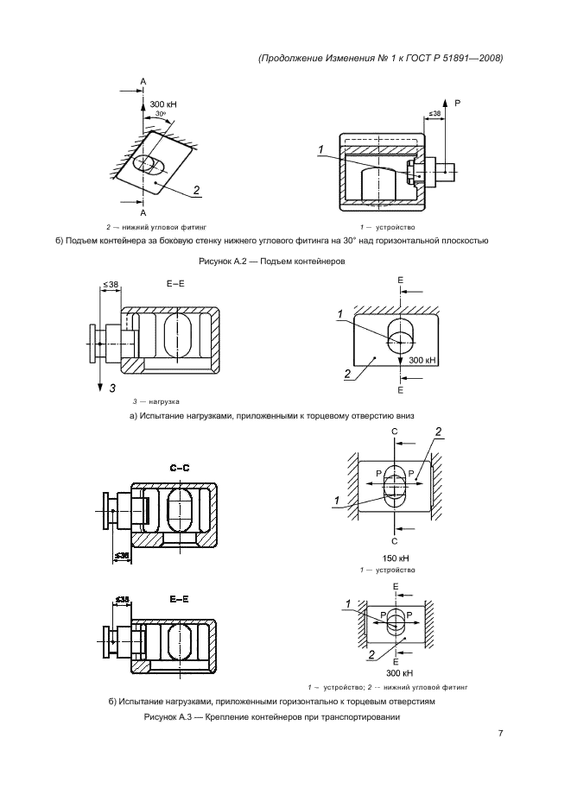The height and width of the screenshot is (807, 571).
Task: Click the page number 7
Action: pos(500,735)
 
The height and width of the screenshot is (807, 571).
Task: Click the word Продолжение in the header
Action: pos(296,59)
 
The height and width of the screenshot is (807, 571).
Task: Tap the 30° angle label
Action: pos(161,114)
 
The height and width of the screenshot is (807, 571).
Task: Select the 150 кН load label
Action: pos(394,558)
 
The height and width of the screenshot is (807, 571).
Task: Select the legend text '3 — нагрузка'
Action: pos(155,401)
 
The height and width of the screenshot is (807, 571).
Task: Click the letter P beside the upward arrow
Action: pos(458,103)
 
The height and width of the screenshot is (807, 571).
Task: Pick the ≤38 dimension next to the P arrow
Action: pos(435,113)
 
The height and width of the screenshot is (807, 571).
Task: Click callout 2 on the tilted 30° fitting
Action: pos(196,190)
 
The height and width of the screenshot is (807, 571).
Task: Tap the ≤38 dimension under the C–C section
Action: pos(122,554)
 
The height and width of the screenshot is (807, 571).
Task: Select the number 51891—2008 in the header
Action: pos(470,59)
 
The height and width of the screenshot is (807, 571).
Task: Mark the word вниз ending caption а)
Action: pos(406,415)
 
